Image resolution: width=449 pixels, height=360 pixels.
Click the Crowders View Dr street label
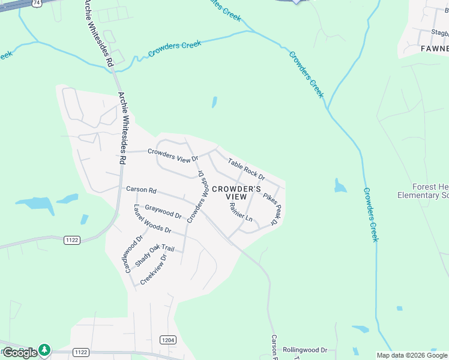click(173, 155)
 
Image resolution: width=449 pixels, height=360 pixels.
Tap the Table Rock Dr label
click(246, 168)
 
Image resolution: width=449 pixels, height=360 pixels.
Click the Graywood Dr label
click(163, 211)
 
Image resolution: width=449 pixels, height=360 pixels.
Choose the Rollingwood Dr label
click(305, 349)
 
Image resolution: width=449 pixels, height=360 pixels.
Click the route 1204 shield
click(168, 340)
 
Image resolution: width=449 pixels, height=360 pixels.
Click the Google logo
click(20, 352)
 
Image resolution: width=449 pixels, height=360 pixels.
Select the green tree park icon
click(44, 349)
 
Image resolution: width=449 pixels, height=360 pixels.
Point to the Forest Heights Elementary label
click(423, 191)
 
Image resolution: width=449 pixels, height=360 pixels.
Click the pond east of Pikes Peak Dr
click(340, 186)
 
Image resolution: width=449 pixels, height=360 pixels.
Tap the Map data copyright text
click(412, 355)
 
